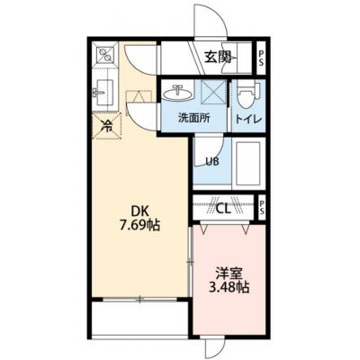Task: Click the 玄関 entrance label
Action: tap(218, 57)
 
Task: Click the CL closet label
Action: tap(224, 208)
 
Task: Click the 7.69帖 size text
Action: tap(139, 226)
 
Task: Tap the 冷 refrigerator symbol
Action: tap(106, 126)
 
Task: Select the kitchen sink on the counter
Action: tap(103, 92)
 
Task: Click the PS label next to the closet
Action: tap(261, 207)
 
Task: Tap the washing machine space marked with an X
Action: tap(212, 92)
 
